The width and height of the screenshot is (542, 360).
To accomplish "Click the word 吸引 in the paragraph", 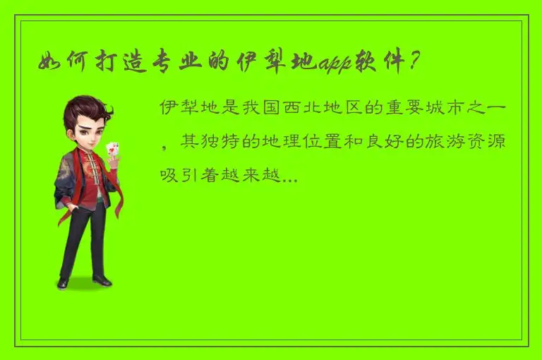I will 177,175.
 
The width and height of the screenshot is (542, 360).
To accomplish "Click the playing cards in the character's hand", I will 112,149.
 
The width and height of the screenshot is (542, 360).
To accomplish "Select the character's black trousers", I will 83,240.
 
